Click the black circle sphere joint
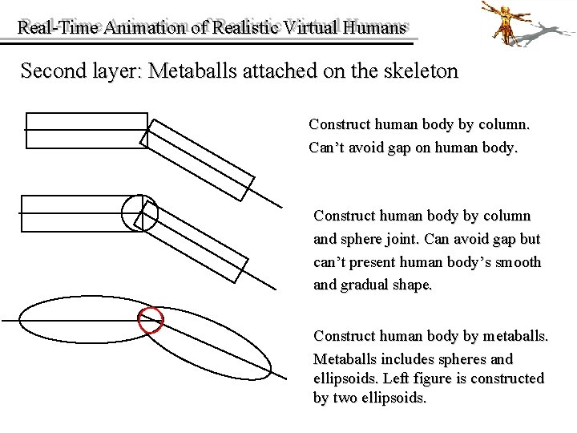(139, 212)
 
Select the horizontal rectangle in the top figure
(86, 130)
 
